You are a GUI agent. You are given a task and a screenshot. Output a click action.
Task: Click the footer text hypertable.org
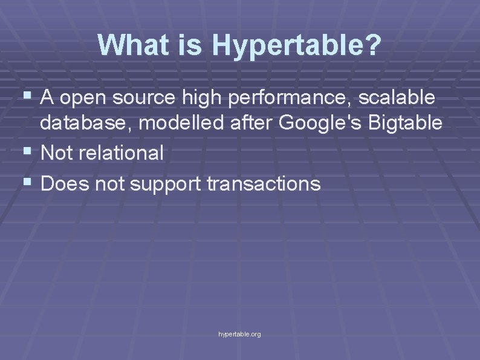point(239,334)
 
